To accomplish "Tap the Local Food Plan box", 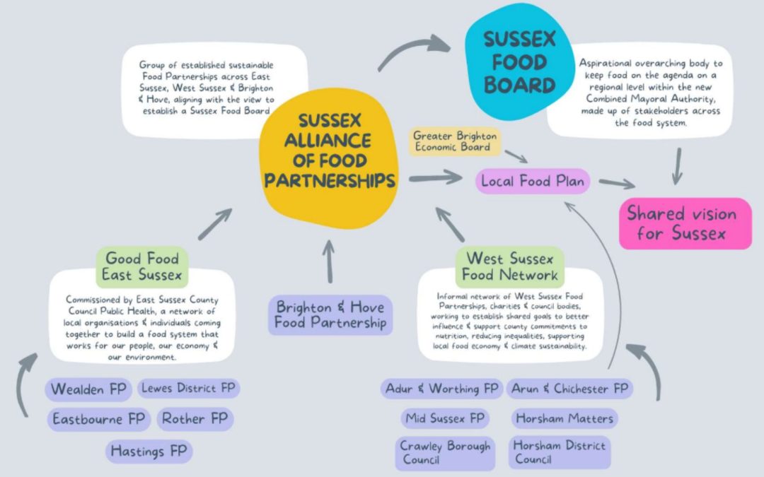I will click(533, 181).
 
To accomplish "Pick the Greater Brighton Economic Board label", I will click(455, 141).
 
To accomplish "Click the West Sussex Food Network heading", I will click(510, 266).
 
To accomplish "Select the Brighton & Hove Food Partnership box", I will click(331, 315).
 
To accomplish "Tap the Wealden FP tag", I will click(88, 389).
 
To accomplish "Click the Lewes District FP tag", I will click(187, 388).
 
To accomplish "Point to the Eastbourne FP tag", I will click(98, 419).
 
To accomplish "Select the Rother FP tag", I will click(195, 419).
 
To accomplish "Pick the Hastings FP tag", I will click(149, 450).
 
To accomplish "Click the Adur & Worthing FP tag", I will click(441, 389).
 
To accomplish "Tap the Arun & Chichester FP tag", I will click(569, 389).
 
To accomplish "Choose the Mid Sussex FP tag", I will click(445, 418).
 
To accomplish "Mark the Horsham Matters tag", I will click(564, 418).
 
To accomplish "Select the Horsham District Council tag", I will click(559, 452).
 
